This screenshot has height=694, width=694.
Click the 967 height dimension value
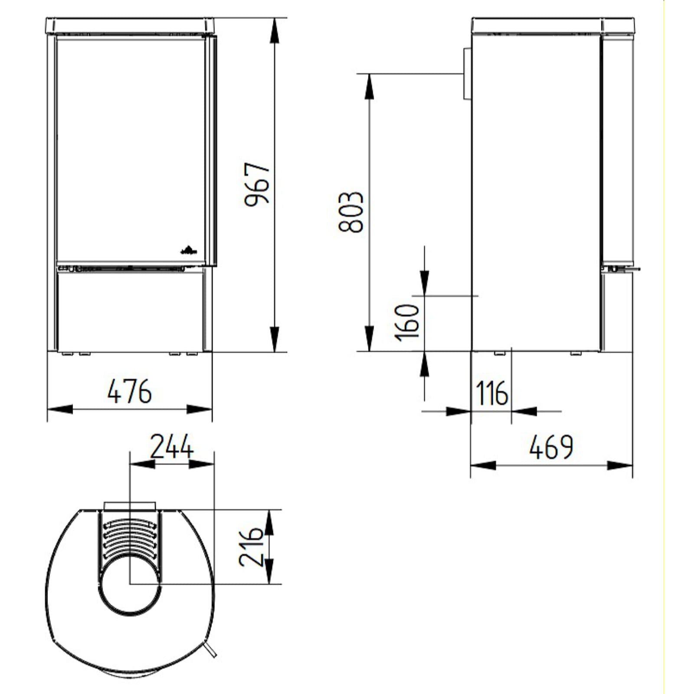(257, 184)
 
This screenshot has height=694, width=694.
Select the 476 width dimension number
(130, 391)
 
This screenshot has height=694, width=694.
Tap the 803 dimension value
(350, 212)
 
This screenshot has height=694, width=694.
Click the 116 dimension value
(492, 393)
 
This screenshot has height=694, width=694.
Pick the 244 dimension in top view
(171, 447)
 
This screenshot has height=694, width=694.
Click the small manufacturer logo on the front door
(189, 250)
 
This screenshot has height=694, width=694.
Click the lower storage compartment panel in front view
(130, 310)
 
